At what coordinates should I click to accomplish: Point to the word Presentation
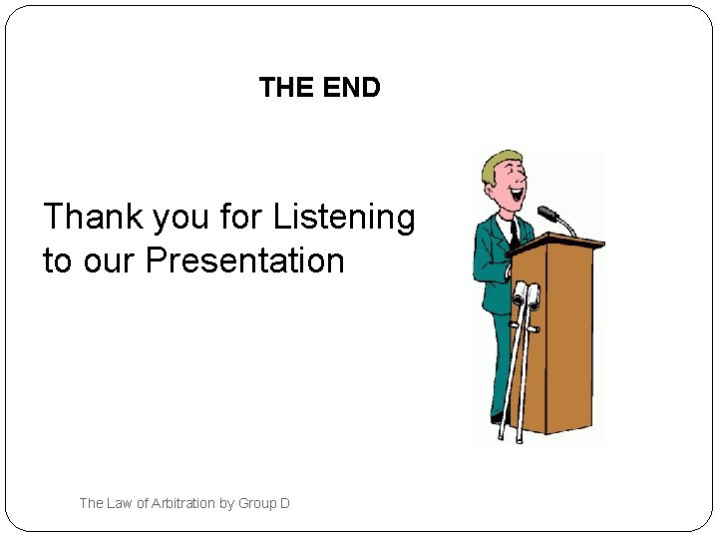245,262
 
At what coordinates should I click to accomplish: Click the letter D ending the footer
285,503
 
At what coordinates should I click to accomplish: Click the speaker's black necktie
514,234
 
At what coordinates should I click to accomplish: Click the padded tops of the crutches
526,294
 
